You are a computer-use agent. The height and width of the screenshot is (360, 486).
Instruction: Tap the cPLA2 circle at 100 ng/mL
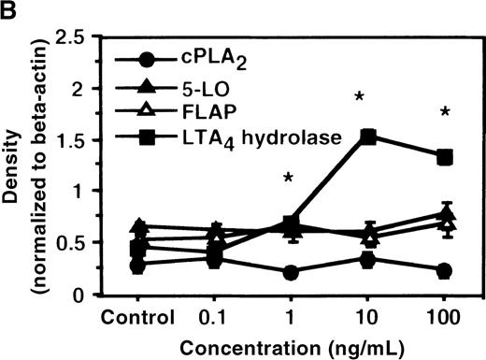[445, 271]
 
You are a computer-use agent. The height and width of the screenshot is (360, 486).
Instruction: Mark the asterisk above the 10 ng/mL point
[360, 98]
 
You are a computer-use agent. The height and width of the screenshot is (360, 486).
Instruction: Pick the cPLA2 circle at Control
[138, 266]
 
